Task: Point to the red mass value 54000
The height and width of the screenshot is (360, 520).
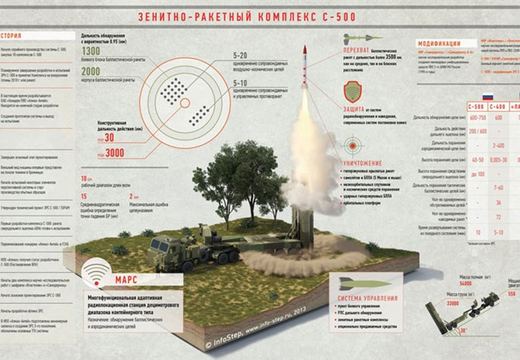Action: pyautogui.click(x=465, y=284)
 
